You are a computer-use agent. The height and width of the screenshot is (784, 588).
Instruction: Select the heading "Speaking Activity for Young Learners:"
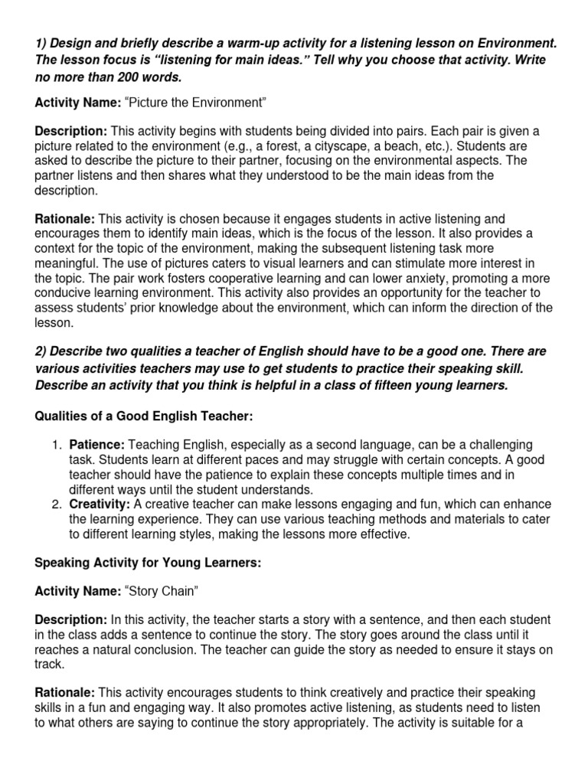pos(149,563)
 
